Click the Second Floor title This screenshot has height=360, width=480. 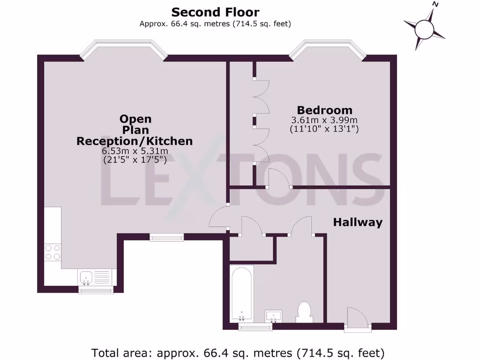[215, 12]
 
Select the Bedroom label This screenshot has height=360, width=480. [324, 110]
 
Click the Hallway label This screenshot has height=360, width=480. [358, 222]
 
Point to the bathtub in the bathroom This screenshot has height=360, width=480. [241, 293]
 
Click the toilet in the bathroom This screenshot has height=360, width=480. [304, 312]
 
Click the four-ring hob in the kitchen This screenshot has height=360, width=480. [52, 252]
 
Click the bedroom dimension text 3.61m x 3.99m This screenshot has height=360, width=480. [324, 120]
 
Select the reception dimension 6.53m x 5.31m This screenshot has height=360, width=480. [135, 151]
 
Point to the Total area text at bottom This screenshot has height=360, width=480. [238, 352]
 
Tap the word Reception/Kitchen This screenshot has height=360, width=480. [135, 141]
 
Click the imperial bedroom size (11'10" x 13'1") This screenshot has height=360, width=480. [324, 129]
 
